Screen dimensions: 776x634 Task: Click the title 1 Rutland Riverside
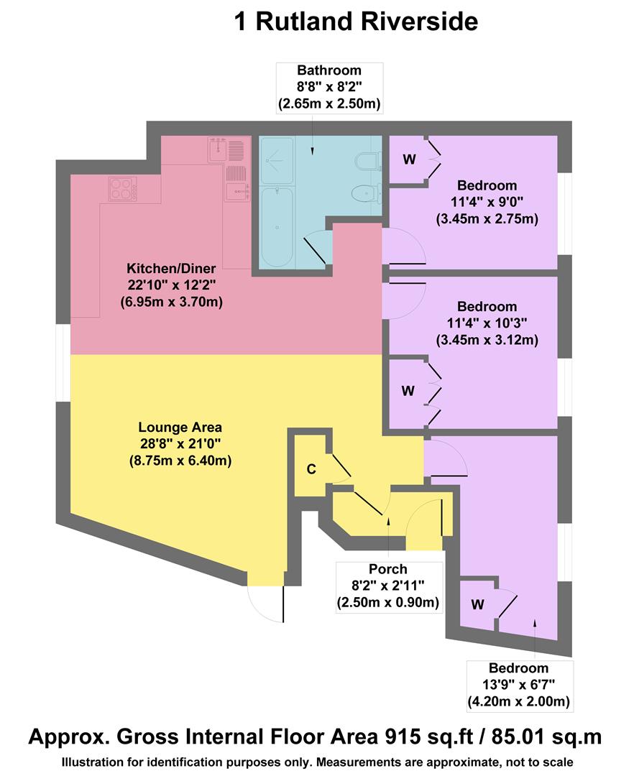[x=356, y=22]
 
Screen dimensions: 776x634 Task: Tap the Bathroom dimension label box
[x=329, y=88]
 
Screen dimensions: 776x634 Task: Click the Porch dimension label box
[x=389, y=586]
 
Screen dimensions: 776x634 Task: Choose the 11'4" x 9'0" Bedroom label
[x=487, y=201]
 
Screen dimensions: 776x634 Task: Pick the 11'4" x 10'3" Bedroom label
[x=487, y=323]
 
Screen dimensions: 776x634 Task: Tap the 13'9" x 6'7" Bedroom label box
[x=520, y=683]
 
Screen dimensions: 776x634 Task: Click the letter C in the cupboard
[x=311, y=470]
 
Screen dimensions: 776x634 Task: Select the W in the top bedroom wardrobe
[x=409, y=160]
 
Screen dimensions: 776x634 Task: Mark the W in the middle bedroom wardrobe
[x=408, y=391]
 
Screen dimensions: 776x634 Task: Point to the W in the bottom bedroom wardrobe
[x=477, y=605]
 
